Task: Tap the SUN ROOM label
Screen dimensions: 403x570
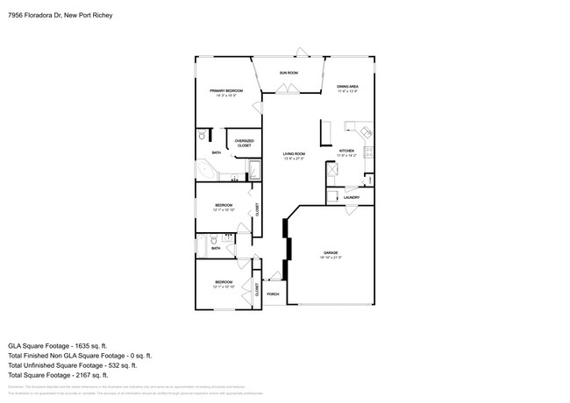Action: tap(288, 72)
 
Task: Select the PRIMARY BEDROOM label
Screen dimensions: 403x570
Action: tap(225, 92)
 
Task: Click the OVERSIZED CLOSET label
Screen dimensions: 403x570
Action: tap(244, 143)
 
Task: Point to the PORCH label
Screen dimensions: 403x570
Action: tap(272, 293)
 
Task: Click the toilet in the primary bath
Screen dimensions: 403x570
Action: tap(202, 135)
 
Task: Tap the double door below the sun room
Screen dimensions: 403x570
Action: tap(287, 88)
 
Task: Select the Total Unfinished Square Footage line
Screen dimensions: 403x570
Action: tap(80, 366)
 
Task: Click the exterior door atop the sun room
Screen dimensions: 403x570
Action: tap(302, 53)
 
